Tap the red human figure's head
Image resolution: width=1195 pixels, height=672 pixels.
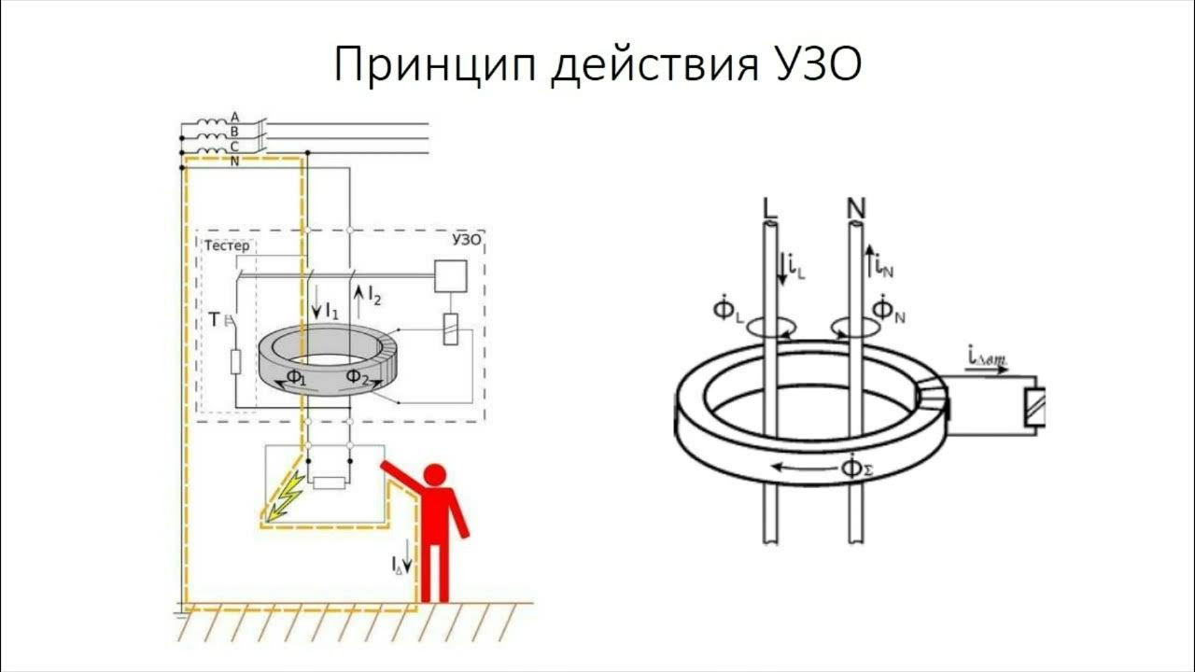(x=437, y=475)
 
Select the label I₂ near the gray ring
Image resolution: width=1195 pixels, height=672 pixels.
(x=371, y=298)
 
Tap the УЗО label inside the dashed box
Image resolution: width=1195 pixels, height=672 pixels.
(x=466, y=239)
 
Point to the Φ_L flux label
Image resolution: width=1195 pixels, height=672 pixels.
(x=728, y=309)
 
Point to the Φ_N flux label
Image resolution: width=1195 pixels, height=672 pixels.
(x=888, y=309)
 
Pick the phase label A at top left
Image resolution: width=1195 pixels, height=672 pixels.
(x=234, y=117)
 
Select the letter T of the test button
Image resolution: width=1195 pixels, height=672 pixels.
(x=214, y=320)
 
